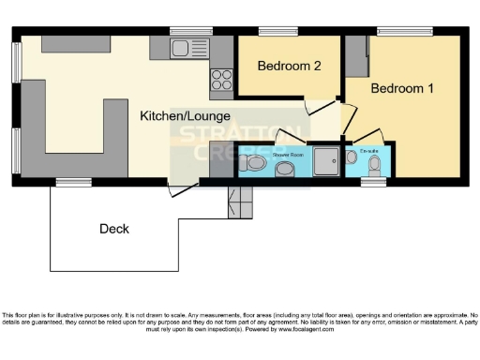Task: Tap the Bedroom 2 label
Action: tap(291, 67)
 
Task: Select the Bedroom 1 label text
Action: tap(403, 89)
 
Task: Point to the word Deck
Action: tap(114, 228)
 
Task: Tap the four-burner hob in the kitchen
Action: tap(222, 79)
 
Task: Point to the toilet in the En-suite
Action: tap(375, 167)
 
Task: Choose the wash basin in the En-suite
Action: tap(353, 157)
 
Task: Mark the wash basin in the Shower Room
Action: tap(285, 169)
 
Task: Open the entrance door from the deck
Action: tap(185, 188)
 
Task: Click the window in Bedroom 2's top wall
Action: tap(277, 31)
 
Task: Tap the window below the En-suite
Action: tap(373, 182)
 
